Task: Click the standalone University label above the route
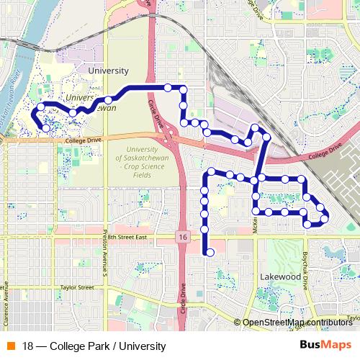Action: pos(107,71)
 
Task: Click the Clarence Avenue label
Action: pos(6,298)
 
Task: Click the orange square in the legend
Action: pos(11,345)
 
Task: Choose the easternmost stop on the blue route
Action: pos(325,217)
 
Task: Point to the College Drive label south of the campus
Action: pos(84,141)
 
